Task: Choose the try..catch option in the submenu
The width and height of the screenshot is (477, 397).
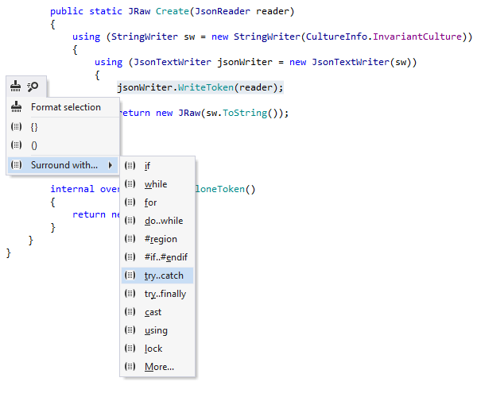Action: pos(164,276)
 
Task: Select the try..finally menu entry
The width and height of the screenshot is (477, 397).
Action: pos(165,294)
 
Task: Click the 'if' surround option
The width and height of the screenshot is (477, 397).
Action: pos(148,166)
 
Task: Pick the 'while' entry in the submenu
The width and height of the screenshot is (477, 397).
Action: pos(156,184)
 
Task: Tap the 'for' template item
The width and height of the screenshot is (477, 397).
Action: pos(151,202)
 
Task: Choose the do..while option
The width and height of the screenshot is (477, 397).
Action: pos(164,221)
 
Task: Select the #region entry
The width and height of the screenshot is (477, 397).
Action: pos(161,239)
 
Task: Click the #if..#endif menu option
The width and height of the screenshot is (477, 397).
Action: pos(165,257)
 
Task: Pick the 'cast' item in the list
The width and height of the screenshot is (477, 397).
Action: pos(153,312)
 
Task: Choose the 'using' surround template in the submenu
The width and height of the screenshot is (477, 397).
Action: pos(156,330)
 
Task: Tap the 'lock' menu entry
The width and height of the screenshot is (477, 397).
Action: pos(153,349)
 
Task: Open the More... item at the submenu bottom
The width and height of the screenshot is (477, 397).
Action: pos(159,367)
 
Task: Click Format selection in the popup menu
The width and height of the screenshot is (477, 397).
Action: pos(65,107)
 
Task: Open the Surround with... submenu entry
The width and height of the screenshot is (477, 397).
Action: pos(64,165)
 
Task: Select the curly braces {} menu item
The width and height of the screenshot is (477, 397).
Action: pos(34,126)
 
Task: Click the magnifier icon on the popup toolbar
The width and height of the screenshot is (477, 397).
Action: pos(33,86)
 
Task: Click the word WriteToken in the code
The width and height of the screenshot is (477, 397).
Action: pos(211,87)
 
